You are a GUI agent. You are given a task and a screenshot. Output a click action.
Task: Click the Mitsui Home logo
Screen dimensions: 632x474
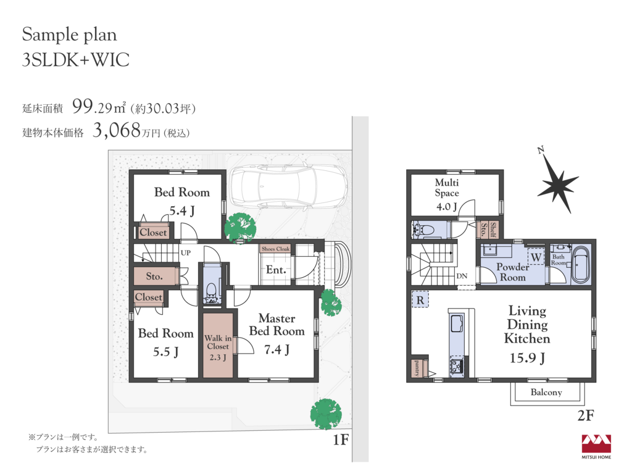pos(596,446)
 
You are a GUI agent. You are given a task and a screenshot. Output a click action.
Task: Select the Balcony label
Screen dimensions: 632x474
pos(546,392)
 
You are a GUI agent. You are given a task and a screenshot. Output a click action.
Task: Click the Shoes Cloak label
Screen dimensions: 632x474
pos(275,249)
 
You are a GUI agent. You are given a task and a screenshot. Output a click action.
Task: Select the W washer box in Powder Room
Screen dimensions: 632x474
pos(536,257)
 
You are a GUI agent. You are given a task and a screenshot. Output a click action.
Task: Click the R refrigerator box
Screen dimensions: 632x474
pos(420,300)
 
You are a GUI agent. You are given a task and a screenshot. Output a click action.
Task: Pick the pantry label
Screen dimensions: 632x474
pos(417,368)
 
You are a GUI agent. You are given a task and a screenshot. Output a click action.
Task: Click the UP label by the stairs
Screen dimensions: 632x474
pos(185,252)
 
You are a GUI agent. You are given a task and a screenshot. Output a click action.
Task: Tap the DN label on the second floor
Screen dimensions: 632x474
pos(462,276)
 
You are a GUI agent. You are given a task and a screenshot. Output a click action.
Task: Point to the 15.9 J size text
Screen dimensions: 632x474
pos(527,358)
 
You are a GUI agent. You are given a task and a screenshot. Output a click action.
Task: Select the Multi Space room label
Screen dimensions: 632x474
pos(447,188)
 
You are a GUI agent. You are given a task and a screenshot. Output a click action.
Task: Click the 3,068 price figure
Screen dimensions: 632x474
pos(117,130)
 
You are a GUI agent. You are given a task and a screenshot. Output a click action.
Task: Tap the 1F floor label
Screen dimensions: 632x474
pos(341,439)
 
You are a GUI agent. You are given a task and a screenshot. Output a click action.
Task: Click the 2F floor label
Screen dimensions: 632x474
pos(586,415)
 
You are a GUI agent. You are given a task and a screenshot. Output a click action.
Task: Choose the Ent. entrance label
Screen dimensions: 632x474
pos(276,270)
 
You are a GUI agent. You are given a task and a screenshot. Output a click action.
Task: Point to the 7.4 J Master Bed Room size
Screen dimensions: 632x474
pos(277,349)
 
